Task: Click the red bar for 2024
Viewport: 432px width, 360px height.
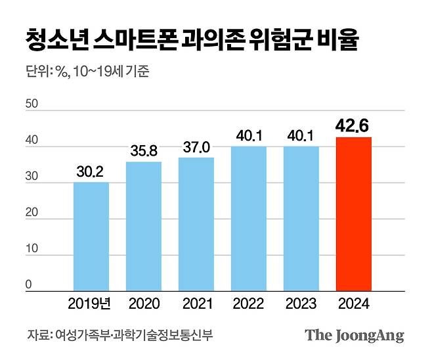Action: pyautogui.click(x=353, y=214)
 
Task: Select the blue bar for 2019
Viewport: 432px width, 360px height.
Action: pyautogui.click(x=91, y=236)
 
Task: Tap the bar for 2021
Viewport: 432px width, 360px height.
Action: pyautogui.click(x=196, y=223)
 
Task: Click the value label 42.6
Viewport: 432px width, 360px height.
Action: pyautogui.click(x=353, y=126)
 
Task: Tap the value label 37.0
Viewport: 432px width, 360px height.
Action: pyautogui.click(x=196, y=147)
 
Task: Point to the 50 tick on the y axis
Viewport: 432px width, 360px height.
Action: pyautogui.click(x=31, y=104)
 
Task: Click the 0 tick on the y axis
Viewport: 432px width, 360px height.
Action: pyautogui.click(x=28, y=284)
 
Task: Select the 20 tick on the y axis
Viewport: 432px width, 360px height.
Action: pyautogui.click(x=31, y=212)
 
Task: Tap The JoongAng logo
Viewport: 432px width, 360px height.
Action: pyautogui.click(x=355, y=336)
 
